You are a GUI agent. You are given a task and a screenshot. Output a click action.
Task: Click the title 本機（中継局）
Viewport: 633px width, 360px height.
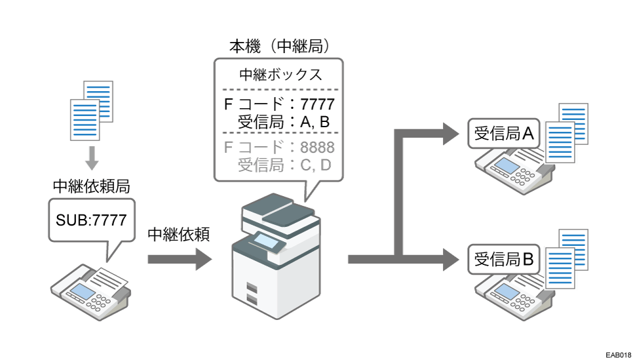278,47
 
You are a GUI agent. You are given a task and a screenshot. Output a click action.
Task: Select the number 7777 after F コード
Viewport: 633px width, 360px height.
317,104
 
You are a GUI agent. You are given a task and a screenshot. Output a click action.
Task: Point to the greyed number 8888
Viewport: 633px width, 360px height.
317,147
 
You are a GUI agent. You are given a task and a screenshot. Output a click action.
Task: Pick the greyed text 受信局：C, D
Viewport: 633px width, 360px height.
284,165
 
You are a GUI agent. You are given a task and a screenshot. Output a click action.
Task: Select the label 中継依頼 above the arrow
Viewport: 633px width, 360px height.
178,235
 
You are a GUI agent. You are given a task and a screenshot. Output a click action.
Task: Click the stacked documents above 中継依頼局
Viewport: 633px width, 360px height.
92,110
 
